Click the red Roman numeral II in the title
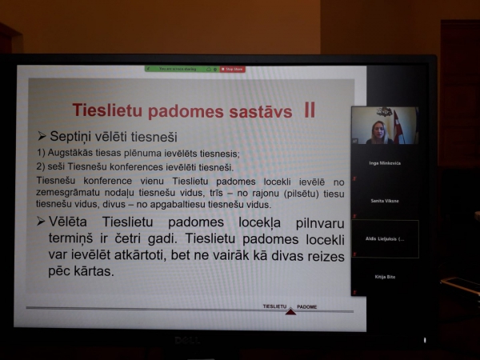[x=310, y=109]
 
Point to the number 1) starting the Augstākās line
[x=42, y=154]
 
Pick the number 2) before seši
[x=42, y=168]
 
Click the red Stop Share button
[x=233, y=70]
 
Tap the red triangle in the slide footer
[x=290, y=311]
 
